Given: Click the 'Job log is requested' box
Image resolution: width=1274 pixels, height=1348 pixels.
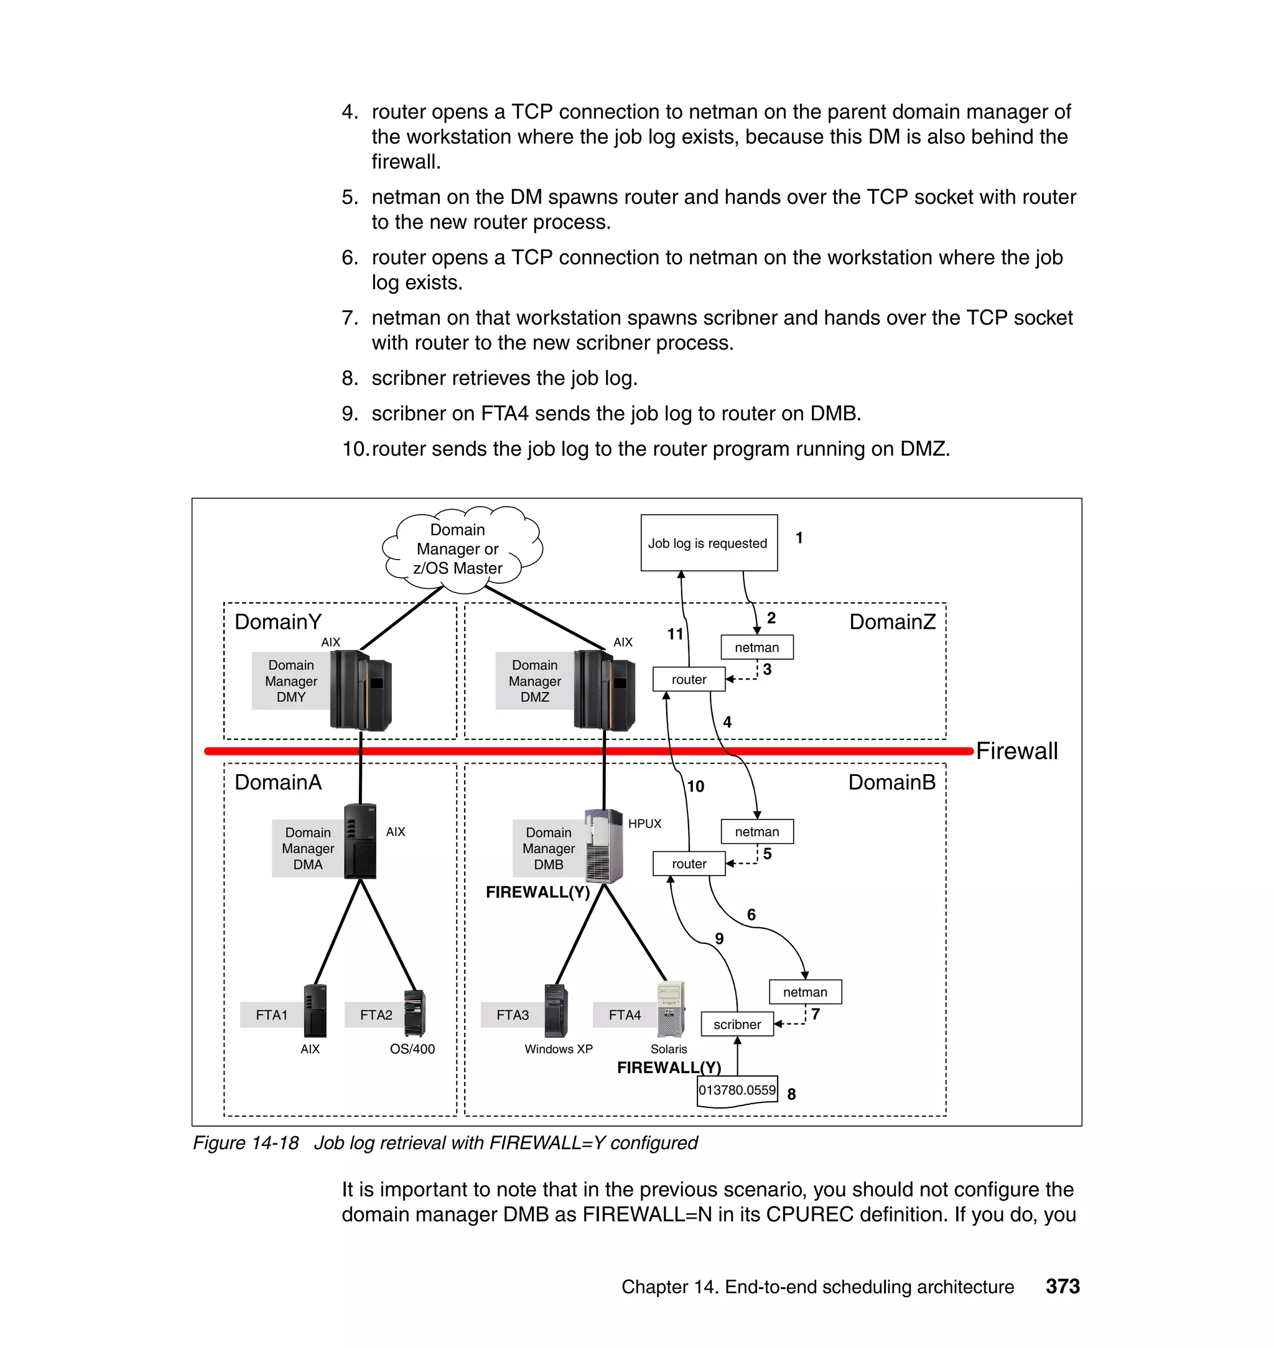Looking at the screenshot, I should [x=709, y=542].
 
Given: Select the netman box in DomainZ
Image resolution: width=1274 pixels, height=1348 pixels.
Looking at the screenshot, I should [x=756, y=647].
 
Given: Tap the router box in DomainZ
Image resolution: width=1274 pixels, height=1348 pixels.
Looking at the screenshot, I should [x=689, y=679].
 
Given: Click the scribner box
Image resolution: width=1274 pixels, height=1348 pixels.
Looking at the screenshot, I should [x=737, y=1023].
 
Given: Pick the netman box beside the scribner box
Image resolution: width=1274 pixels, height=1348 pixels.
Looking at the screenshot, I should [x=805, y=992].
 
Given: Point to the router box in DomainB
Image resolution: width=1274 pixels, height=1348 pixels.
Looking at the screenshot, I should [x=689, y=864].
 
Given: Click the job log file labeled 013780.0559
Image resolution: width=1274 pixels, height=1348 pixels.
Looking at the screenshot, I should [x=737, y=1090].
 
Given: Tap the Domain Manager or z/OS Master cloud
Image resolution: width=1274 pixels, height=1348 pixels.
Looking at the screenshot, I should [x=458, y=548].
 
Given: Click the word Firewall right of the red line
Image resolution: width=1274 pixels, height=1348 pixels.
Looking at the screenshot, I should [x=1016, y=750].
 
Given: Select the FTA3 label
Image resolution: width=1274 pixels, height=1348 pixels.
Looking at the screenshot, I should [x=512, y=1015].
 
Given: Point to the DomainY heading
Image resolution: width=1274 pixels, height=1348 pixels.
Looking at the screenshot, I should [x=277, y=621].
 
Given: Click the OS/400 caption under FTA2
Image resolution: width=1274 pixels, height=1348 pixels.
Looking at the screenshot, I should [x=412, y=1049].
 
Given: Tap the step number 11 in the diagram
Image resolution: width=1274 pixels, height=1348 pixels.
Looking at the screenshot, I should [x=675, y=634].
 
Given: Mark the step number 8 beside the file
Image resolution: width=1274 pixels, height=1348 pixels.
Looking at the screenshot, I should [x=791, y=1094].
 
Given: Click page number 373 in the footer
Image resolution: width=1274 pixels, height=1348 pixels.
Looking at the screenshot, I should [x=1062, y=1286].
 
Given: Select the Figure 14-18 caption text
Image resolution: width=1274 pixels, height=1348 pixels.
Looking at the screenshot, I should [x=445, y=1142].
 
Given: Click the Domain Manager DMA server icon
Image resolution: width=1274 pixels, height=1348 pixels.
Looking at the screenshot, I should [x=360, y=841].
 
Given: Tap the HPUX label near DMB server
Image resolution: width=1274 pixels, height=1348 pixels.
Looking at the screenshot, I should [x=644, y=823].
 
